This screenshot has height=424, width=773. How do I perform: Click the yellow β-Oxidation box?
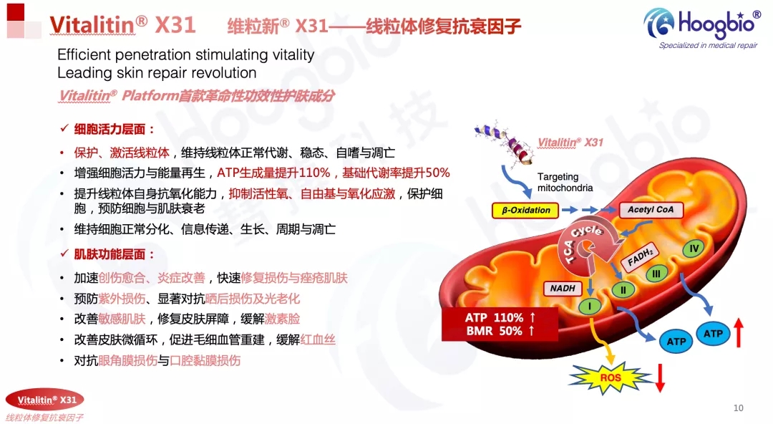(x=525, y=211)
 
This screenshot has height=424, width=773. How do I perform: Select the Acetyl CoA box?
(x=651, y=210)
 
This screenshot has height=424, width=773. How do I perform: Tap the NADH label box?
(x=563, y=288)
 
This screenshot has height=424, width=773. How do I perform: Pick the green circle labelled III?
(x=656, y=274)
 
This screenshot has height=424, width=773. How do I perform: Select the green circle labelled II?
(x=623, y=290)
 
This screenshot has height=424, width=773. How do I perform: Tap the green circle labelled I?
(x=590, y=307)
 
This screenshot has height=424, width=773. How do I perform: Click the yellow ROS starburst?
(x=611, y=378)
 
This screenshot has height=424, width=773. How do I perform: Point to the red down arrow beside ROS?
(x=660, y=377)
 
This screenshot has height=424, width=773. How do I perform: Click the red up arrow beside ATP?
(x=739, y=333)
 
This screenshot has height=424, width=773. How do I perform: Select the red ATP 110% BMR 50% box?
(x=500, y=324)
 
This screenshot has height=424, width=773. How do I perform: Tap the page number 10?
(x=738, y=408)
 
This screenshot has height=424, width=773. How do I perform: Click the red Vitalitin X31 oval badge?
(x=45, y=400)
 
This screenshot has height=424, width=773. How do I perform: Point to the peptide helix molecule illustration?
(x=504, y=143)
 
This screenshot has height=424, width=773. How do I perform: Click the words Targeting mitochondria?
(x=565, y=182)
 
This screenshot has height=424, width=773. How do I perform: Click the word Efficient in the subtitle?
(x=84, y=54)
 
